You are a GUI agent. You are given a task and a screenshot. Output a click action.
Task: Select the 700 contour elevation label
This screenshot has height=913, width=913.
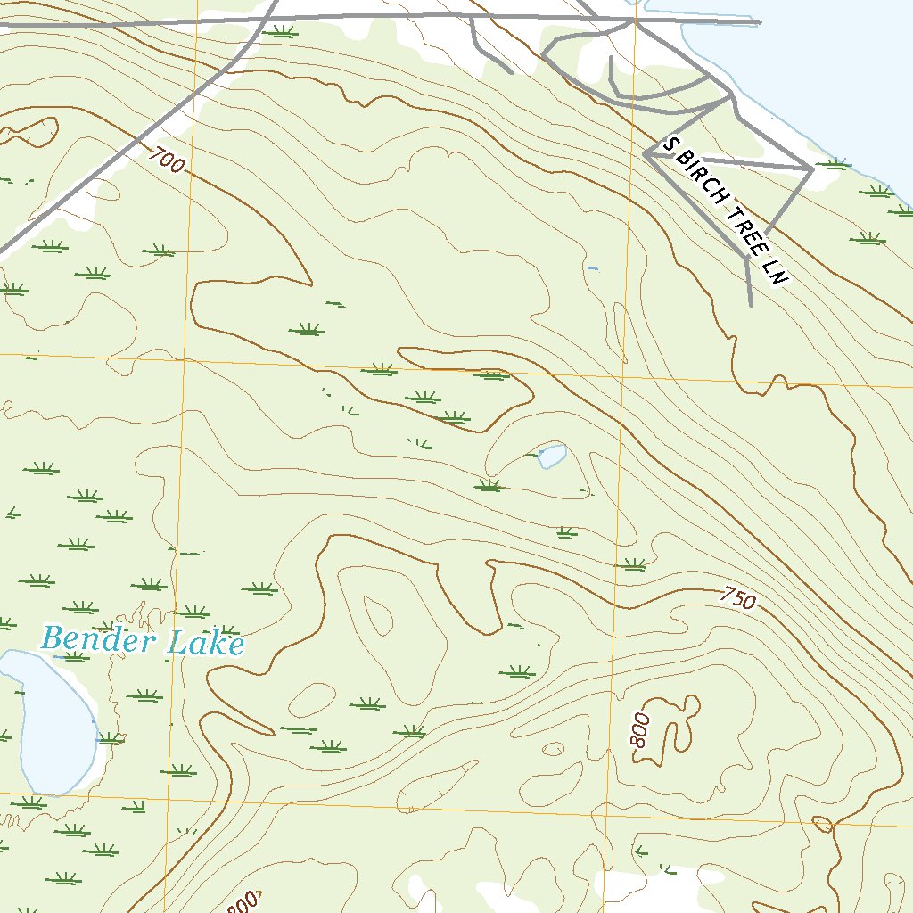(x=167, y=160)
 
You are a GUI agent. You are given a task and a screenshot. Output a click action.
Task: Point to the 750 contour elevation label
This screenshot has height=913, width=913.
(x=739, y=597)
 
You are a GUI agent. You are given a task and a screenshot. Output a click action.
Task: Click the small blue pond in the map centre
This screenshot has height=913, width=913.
(x=551, y=456)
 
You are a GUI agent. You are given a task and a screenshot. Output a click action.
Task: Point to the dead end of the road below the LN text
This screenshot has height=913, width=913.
(x=751, y=306)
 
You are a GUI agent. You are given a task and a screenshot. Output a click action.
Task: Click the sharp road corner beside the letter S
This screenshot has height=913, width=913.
(x=646, y=154)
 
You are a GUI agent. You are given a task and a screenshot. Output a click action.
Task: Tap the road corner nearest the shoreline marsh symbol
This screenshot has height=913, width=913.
(x=810, y=168)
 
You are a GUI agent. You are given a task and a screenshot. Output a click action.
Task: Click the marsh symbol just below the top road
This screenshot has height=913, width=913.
(x=283, y=32)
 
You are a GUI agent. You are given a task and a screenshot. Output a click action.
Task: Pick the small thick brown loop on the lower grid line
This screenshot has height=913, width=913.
(x=822, y=825)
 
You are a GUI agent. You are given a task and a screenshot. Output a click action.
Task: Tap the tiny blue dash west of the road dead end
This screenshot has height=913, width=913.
(x=593, y=267)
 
